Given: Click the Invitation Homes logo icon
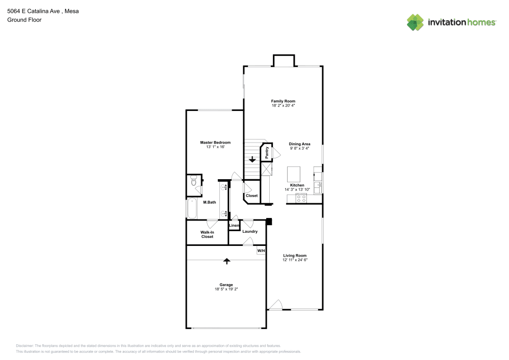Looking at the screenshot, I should tap(415, 22).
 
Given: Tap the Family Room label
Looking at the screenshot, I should tap(283, 101).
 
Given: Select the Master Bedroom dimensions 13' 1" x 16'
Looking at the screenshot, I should tap(215, 147).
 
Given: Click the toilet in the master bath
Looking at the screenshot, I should tap(193, 182).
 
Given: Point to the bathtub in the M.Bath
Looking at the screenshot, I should tap(192, 208).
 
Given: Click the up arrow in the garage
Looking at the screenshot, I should tap(227, 261).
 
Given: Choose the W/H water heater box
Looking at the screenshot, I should tap(261, 251).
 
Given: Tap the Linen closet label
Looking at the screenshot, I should tap(234, 226).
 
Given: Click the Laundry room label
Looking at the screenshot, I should tap(249, 232).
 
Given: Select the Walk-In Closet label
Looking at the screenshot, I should tap(207, 234).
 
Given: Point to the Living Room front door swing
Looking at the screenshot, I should tap(275, 305).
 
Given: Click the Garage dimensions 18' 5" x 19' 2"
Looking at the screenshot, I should tap(227, 289).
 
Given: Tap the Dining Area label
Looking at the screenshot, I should tap(299, 144).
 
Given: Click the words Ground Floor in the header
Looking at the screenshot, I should tap(24, 20).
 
